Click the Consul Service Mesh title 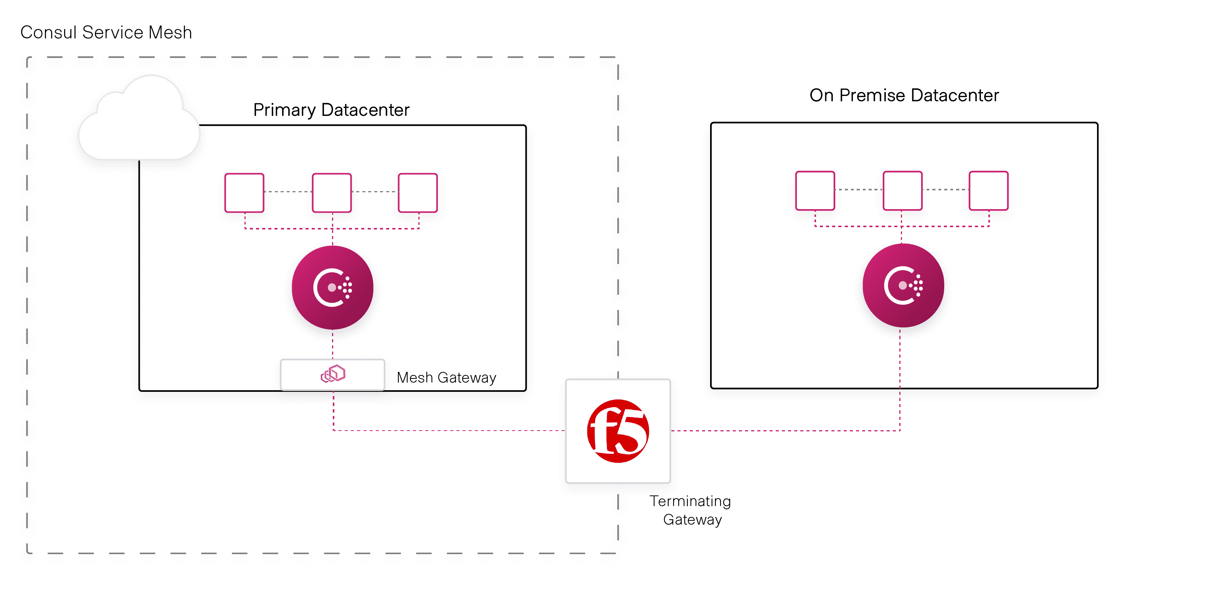(106, 33)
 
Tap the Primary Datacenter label (331, 110)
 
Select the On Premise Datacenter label (904, 95)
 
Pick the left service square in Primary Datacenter (244, 193)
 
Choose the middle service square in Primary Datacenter (332, 193)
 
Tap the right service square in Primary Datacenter (418, 193)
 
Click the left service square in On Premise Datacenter (815, 191)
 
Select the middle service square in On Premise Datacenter (902, 191)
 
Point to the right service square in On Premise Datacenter (988, 191)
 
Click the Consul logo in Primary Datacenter (332, 287)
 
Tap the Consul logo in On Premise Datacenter (903, 285)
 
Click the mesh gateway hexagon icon (333, 374)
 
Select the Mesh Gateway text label (446, 378)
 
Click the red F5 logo (618, 431)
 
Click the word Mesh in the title (170, 33)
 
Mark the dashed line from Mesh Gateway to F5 (448, 431)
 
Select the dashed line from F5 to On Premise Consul (783, 431)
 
